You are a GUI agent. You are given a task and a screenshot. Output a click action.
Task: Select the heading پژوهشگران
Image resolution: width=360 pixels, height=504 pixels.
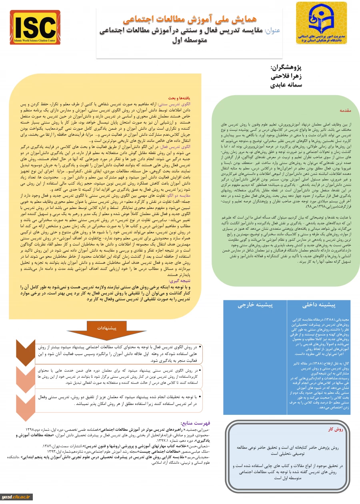286,68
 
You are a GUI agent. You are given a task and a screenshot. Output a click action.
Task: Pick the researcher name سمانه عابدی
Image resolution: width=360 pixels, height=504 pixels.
286,84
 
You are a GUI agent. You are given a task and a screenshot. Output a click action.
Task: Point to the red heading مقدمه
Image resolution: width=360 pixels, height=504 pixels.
345,109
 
